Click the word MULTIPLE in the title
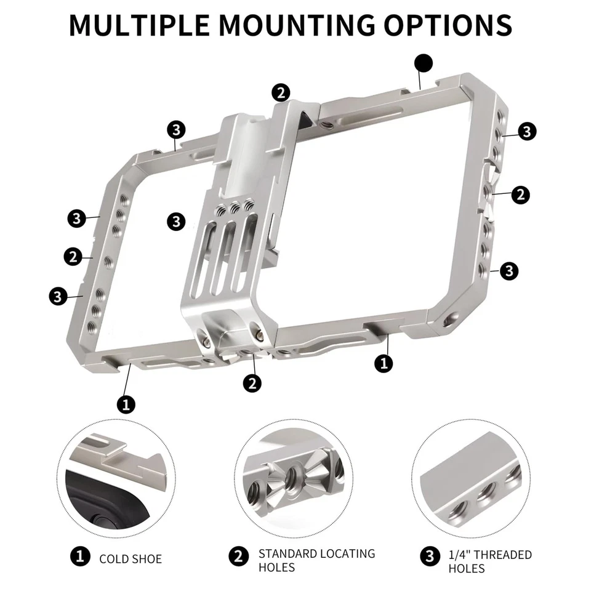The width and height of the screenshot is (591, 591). [140, 24]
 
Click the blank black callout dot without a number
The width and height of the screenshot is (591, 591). [424, 63]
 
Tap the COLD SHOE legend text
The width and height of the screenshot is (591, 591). [131, 559]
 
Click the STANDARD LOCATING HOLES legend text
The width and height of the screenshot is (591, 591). [316, 560]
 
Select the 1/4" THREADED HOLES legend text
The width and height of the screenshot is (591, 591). [489, 561]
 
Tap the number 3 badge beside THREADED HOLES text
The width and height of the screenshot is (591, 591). [430, 557]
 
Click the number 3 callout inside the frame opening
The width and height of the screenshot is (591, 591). [177, 221]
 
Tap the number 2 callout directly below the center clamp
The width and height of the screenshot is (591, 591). [252, 383]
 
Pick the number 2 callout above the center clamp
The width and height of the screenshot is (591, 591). [280, 93]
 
